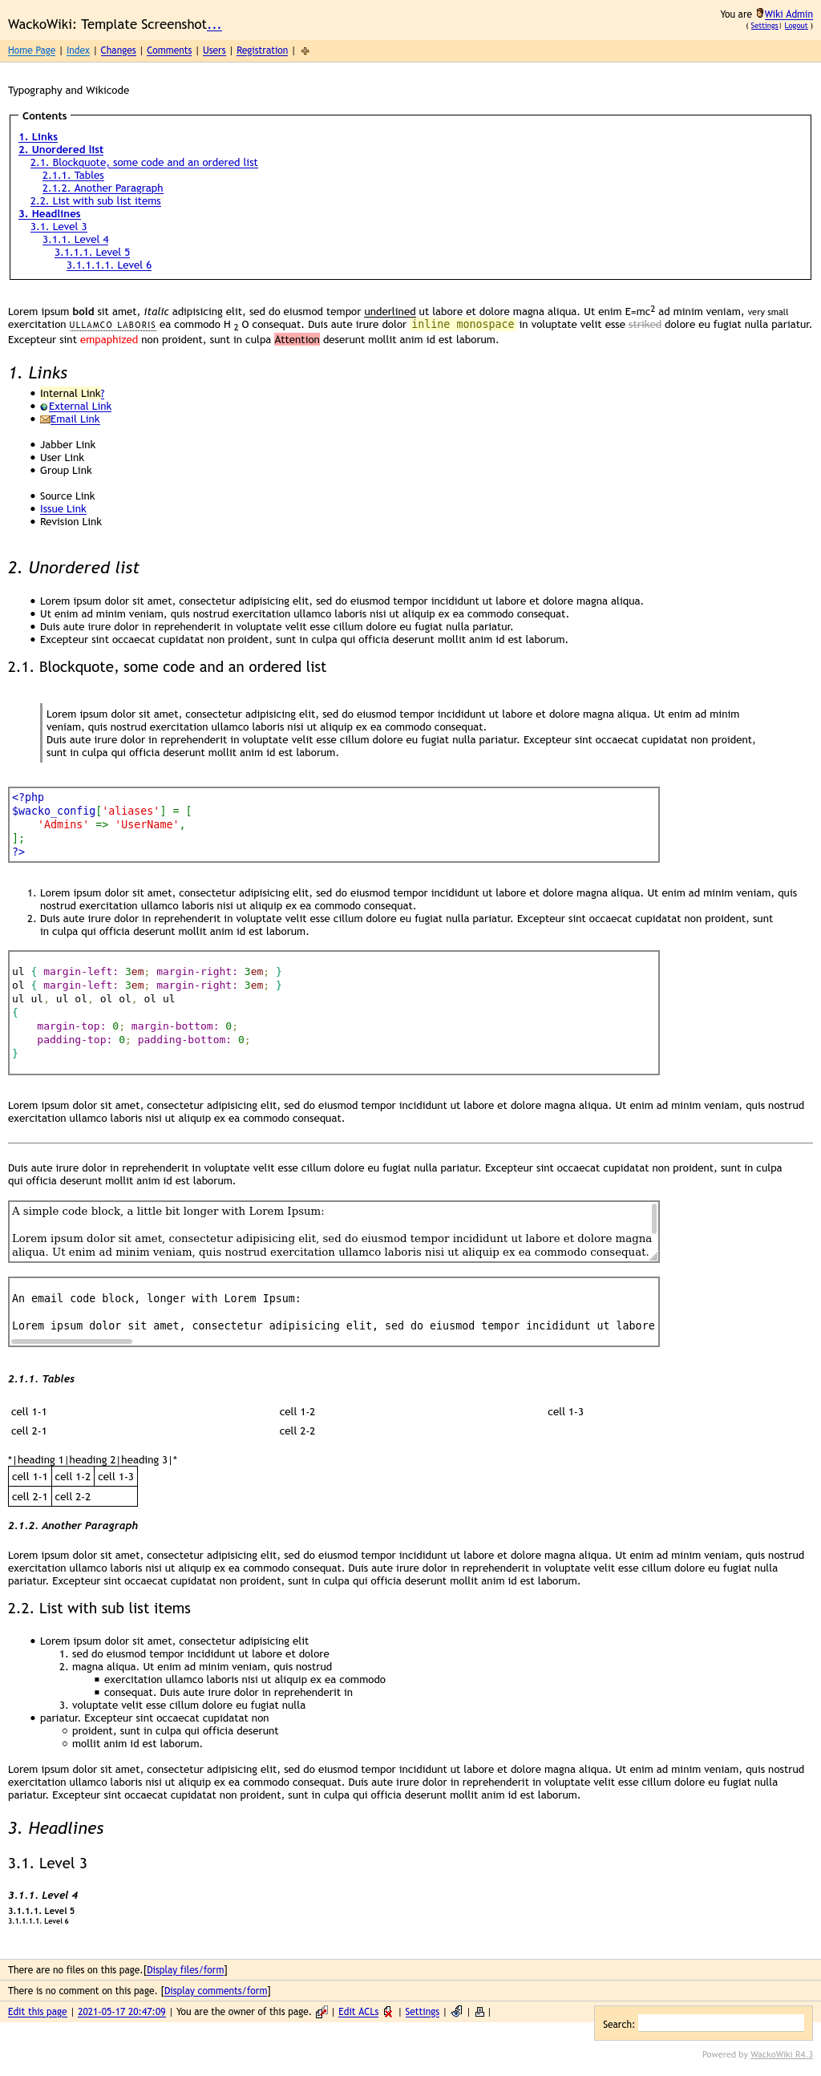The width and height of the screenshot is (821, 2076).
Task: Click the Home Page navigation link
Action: click(x=31, y=51)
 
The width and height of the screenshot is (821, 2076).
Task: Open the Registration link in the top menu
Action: click(x=262, y=51)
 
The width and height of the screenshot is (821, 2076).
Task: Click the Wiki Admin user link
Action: click(x=788, y=14)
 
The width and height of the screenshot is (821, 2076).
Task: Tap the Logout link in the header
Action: click(x=795, y=26)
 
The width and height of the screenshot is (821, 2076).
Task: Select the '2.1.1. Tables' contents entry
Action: click(x=72, y=176)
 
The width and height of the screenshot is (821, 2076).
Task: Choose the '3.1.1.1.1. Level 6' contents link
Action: click(x=109, y=265)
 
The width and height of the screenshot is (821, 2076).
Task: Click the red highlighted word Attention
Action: click(x=297, y=340)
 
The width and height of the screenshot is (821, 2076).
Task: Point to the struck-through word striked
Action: click(x=645, y=325)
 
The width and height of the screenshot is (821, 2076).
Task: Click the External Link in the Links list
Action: click(x=79, y=407)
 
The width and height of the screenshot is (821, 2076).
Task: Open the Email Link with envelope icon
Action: click(x=75, y=420)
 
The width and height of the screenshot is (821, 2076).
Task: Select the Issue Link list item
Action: click(x=63, y=509)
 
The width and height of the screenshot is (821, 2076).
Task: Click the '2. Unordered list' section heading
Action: click(x=73, y=569)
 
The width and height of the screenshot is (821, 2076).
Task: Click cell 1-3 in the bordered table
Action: click(x=115, y=1476)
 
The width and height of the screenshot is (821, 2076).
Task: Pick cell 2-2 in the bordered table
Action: click(x=72, y=1496)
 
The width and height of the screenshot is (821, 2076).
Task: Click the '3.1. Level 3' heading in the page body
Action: click(x=47, y=1864)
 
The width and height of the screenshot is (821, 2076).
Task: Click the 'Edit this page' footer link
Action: click(x=37, y=2012)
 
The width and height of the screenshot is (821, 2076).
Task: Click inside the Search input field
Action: click(x=720, y=2024)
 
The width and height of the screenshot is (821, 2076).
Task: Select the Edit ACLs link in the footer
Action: click(x=358, y=2012)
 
